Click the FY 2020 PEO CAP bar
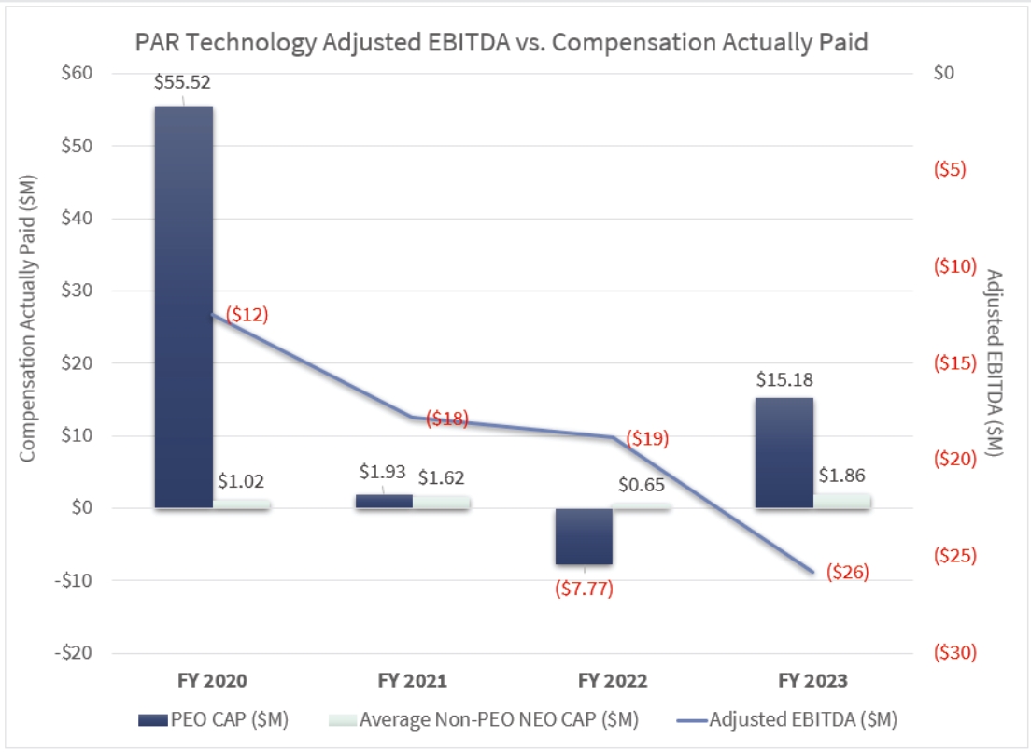point(184,308)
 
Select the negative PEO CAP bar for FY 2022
point(584,536)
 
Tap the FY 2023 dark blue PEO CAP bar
point(784,453)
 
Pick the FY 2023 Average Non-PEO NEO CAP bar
point(841,501)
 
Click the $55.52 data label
point(182,82)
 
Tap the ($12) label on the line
point(241,314)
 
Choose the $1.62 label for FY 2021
point(441,477)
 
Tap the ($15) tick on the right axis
point(955,362)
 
